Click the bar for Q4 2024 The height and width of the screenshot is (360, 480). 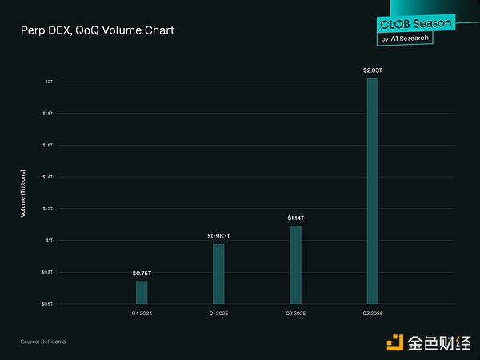click(142, 292)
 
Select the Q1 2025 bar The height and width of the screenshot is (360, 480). click(218, 274)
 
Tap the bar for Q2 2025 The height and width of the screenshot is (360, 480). click(295, 264)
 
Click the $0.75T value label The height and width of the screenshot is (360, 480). click(142, 274)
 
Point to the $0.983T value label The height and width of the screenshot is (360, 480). click(218, 236)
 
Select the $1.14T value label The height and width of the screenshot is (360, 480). click(295, 218)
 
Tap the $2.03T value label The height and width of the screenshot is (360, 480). click(372, 71)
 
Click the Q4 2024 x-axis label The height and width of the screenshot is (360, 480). click(142, 313)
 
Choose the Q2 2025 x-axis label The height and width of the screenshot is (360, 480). click(295, 313)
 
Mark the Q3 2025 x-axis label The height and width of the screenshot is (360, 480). click(372, 313)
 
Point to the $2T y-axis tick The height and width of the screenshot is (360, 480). click(49, 82)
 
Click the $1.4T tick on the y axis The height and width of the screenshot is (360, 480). click(48, 177)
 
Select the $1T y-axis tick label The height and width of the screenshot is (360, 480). click(49, 240)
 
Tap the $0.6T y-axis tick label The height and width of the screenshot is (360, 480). click(48, 303)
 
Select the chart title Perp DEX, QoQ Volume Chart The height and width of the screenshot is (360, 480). click(97, 30)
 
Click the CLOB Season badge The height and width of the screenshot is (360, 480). click(406, 24)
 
